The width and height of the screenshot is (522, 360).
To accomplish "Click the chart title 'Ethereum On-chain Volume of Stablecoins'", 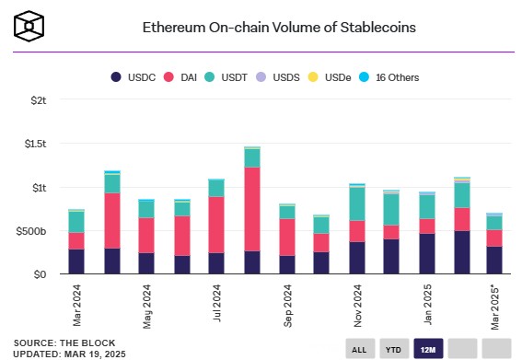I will (x=278, y=28).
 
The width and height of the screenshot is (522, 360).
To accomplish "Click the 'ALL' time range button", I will (x=359, y=348).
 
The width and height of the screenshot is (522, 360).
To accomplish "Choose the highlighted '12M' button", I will (x=427, y=348).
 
